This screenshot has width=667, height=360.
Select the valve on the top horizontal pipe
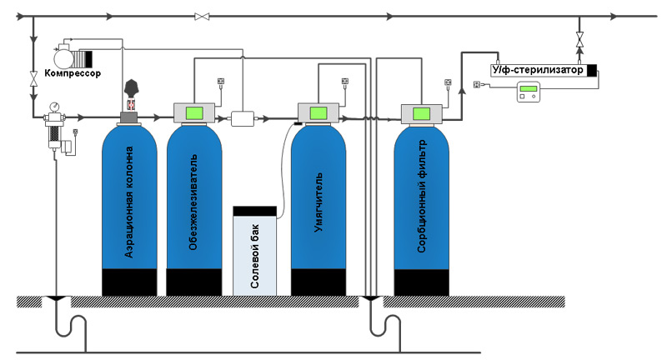coord(201,16)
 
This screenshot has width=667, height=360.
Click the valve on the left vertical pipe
coord(33,79)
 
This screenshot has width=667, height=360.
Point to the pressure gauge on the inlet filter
coord(55,107)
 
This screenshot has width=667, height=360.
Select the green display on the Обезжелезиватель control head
coord(194,112)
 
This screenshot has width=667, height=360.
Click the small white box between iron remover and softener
coord(243,118)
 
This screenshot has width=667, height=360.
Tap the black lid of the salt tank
coord(255,210)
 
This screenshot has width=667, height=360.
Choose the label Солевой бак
coord(255,254)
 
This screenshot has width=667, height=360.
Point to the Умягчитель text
coord(318,200)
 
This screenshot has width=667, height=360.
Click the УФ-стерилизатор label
coord(538,70)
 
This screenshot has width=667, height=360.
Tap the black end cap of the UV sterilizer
coord(592,70)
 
